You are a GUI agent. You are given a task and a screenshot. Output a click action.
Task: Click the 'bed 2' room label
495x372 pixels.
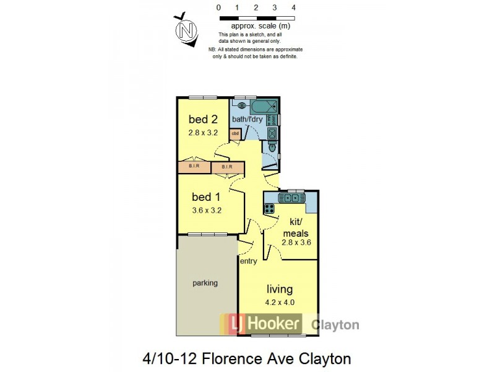(204, 120)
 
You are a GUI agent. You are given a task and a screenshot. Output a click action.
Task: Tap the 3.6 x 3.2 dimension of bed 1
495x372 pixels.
(207, 210)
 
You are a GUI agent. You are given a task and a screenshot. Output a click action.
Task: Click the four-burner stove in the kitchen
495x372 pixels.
(270, 208)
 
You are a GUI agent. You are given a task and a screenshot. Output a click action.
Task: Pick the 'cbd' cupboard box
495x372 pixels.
(235, 133)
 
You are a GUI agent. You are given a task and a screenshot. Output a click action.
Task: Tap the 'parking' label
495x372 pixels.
(205, 283)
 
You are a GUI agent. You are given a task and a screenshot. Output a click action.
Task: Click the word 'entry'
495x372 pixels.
(249, 262)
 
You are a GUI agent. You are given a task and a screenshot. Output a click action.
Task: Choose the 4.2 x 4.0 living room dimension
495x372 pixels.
(280, 304)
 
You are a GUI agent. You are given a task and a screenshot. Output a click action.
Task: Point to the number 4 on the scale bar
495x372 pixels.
(293, 8)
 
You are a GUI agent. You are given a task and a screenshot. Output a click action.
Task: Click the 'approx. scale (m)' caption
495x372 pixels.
(260, 27)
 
